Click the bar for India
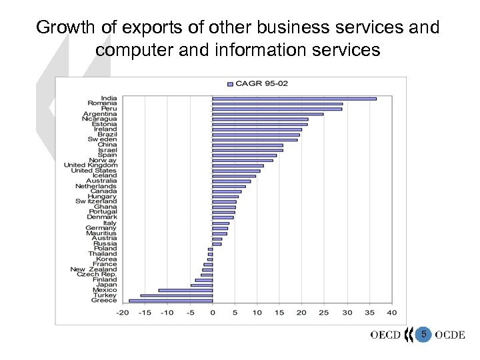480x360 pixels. [294, 99]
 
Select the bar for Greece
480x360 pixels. [171, 301]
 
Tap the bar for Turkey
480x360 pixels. [176, 295]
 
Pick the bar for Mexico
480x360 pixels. [185, 290]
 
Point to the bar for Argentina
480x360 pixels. [267, 114]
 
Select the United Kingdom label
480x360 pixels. [90, 165]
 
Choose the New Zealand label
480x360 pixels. [93, 269]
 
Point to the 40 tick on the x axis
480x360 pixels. [391, 312]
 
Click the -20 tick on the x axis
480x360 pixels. [123, 312]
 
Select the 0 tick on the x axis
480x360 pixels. [212, 312]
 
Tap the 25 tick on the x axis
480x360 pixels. [324, 312]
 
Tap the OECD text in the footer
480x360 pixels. [385, 335]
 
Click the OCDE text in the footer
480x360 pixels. [450, 335]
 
